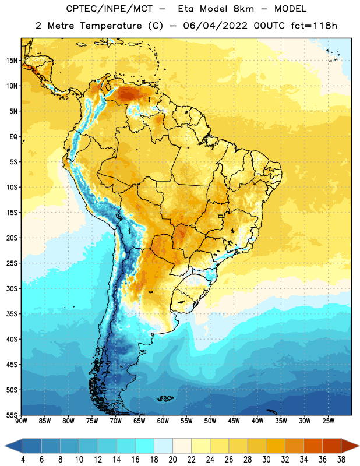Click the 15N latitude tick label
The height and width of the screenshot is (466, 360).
coord(12,61)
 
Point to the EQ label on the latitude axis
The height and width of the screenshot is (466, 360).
coord(13,137)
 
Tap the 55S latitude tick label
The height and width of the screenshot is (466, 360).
coord(12,415)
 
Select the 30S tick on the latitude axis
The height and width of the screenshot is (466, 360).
coord(12,288)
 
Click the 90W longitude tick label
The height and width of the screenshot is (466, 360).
coord(21,421)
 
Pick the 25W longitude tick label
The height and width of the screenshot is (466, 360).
coord(328,421)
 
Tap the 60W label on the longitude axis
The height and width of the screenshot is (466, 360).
coord(163,421)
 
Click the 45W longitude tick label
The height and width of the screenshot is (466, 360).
coord(234,421)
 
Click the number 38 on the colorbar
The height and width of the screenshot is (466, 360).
coord(341,459)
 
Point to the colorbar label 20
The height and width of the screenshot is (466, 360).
coord(172,459)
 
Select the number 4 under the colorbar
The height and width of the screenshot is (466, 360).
coord(23,459)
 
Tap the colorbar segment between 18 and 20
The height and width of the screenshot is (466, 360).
coord(163,446)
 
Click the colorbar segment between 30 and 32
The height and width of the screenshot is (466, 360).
coord(276,446)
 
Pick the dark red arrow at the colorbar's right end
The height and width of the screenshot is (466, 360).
coord(350,446)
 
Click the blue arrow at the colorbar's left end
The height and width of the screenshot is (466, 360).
coord(14,446)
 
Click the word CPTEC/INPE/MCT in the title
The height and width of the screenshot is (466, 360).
coord(109,9)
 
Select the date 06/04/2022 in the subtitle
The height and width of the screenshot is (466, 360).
coord(215,26)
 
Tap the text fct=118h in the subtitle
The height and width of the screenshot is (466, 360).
coord(314,26)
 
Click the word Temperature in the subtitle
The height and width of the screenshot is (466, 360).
coord(111,26)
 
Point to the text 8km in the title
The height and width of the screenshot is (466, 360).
coord(243,9)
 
